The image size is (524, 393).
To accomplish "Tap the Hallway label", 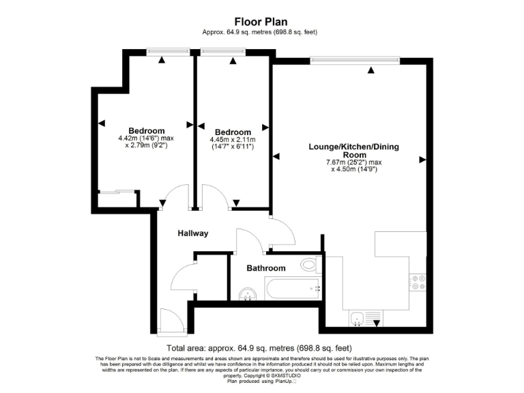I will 192,233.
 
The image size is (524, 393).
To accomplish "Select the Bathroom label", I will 265,268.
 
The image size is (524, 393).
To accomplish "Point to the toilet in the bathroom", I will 308,265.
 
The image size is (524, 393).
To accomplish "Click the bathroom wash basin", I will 248,293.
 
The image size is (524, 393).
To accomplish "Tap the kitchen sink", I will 357,317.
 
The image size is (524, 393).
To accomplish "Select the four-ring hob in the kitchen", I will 417,282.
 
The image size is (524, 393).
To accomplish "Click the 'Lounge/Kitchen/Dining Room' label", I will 353,151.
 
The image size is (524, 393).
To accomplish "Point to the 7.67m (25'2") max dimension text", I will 353,162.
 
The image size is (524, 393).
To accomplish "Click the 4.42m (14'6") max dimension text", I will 146,138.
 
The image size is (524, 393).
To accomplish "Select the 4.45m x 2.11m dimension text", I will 233,139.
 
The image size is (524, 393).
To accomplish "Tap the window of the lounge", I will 353,61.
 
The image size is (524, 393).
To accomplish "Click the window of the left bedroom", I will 168,50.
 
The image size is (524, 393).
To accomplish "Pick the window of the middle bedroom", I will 223,50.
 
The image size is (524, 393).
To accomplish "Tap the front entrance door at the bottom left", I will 171,322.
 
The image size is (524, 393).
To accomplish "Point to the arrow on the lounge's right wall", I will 423,160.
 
